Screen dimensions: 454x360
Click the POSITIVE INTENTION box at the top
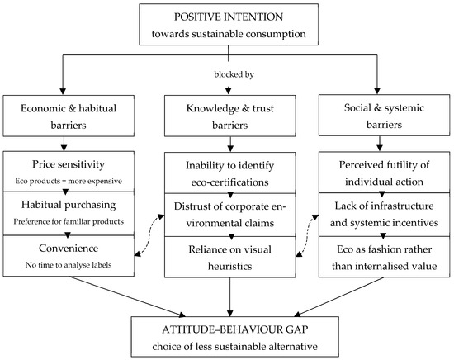(x=229, y=24)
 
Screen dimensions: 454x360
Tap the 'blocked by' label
(x=234, y=74)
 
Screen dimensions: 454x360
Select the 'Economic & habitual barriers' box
(x=69, y=116)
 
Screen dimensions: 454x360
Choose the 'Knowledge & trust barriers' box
(x=230, y=116)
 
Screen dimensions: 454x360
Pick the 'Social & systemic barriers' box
(x=384, y=116)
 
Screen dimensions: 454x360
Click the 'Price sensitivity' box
(x=69, y=172)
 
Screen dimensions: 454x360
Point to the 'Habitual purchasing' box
(x=69, y=214)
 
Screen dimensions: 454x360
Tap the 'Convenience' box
(x=69, y=256)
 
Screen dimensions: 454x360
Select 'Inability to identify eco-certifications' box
(x=230, y=173)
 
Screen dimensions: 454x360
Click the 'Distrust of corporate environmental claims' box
(x=230, y=215)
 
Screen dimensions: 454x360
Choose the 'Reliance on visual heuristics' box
(x=230, y=257)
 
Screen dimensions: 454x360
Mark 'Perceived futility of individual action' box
(x=384, y=173)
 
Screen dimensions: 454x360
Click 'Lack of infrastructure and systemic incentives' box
(x=384, y=215)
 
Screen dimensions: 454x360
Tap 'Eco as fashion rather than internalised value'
(x=384, y=257)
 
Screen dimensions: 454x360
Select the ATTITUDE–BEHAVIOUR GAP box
(x=234, y=337)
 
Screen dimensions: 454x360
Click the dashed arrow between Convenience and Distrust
(x=149, y=235)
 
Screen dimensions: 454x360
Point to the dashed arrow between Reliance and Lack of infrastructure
(x=306, y=235)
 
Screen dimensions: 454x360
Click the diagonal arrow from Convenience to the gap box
(x=127, y=296)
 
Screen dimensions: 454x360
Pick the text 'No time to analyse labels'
(x=69, y=265)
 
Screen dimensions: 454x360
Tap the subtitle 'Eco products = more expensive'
(x=69, y=181)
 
